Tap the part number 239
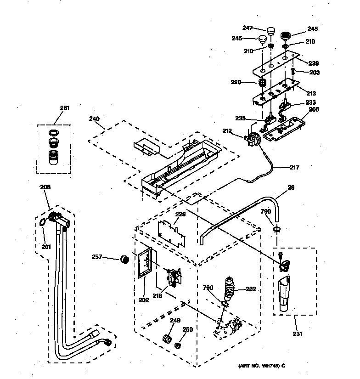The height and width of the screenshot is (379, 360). click(x=314, y=63)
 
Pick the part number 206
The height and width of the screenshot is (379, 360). click(x=314, y=109)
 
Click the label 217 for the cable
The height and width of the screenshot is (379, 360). click(x=294, y=167)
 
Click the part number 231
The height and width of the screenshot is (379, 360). click(x=298, y=334)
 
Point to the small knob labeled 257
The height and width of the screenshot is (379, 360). click(x=123, y=260)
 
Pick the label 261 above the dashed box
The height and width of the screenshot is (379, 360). click(x=64, y=108)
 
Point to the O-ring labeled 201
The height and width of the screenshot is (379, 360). click(x=42, y=223)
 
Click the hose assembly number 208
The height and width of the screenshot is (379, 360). click(x=45, y=187)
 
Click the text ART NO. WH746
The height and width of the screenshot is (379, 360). click(x=261, y=366)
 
